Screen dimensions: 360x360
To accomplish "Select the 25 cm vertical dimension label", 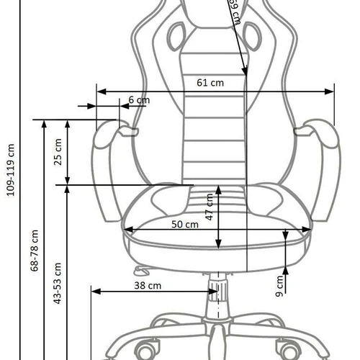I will coord(58,152).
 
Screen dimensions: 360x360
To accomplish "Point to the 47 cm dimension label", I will coord(209,207).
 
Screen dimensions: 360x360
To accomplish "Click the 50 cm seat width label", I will coord(185,224).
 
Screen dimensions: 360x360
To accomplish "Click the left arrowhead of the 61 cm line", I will coord(99,91).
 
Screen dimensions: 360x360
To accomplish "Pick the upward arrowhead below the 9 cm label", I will coord(287,271).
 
